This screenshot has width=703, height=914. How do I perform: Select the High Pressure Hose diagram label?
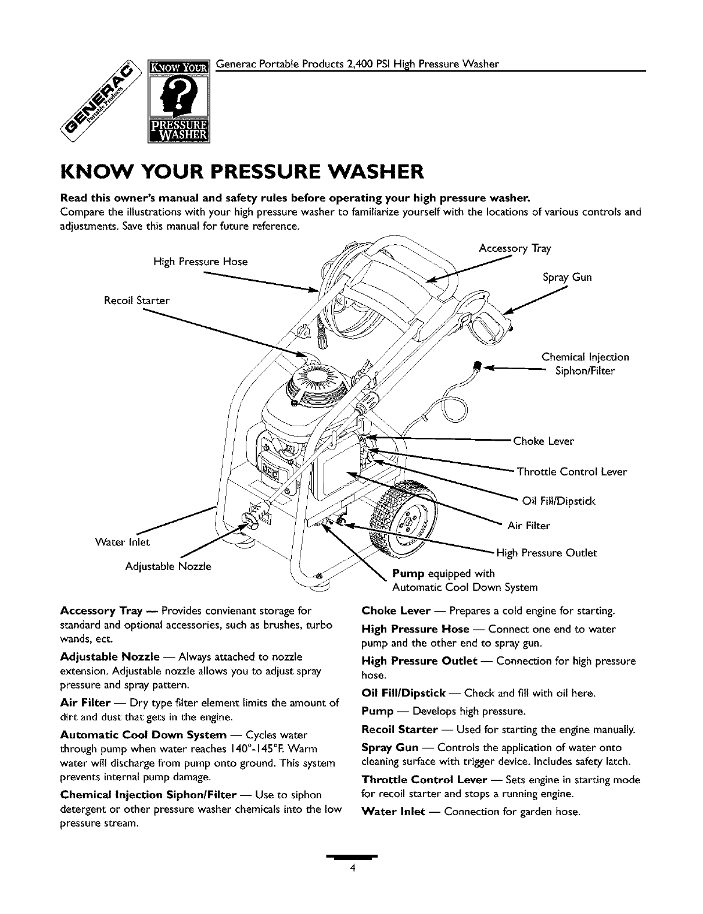pos(200,262)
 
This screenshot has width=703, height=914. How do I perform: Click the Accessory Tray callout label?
pos(515,249)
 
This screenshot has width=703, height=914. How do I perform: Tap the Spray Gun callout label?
pos(567,277)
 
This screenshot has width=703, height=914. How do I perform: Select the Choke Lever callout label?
pos(543,441)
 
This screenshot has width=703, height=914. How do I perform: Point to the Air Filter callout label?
pos(529,526)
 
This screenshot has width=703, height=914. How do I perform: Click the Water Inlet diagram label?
pos(123,542)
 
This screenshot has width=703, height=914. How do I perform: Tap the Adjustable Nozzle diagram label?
pos(168,566)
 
